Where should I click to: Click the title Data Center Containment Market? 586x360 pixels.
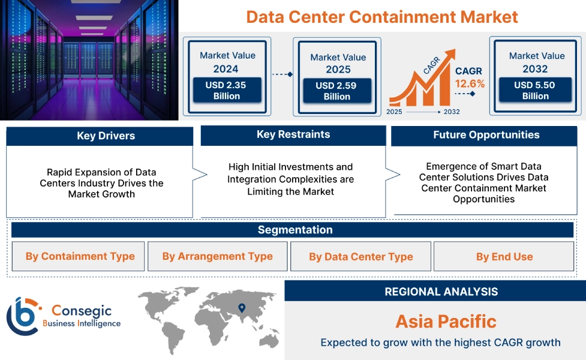coord(382,17)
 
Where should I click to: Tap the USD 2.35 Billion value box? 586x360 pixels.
coord(227,90)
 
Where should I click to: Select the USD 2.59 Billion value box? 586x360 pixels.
coord(337,91)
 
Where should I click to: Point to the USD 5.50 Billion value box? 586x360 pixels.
coord(535,90)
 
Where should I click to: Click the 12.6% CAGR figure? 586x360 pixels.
coord(470,83)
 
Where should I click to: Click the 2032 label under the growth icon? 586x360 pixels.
coord(452,112)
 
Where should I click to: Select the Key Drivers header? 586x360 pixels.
coord(106,136)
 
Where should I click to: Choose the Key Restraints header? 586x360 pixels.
coord(293,134)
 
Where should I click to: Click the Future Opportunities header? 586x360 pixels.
coord(486,135)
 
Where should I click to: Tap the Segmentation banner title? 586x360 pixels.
coord(295,230)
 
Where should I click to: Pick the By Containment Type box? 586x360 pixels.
coord(78,256)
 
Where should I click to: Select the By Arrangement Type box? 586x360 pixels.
coord(218,256)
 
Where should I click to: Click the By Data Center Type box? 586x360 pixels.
coord(360,256)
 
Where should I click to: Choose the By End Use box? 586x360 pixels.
coord(504,256)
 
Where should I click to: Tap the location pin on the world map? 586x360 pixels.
coord(242,308)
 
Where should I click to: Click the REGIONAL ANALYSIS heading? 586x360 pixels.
coord(441,292)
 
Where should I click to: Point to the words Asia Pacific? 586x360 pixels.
coord(446,322)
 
